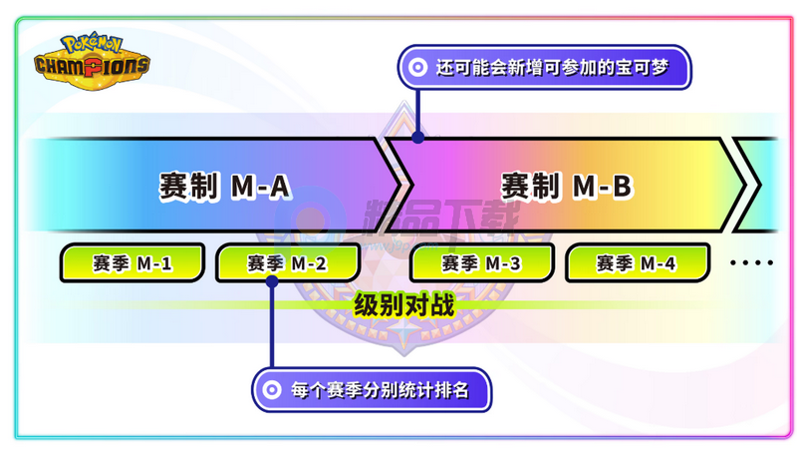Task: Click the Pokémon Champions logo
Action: point(92,62)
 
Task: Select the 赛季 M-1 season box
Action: point(133,262)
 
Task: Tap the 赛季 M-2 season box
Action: point(288,262)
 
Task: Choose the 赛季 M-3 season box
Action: point(481,262)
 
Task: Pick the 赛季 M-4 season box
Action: point(637,262)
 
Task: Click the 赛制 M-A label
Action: point(225,187)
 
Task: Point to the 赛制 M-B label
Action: point(567,187)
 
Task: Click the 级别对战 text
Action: point(404,305)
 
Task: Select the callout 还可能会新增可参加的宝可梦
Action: point(544,67)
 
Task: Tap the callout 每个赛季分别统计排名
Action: point(372,390)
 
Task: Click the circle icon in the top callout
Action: point(417,67)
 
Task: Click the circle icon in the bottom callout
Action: point(272,390)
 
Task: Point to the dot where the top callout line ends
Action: point(417,137)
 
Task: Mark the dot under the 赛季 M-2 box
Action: point(272,281)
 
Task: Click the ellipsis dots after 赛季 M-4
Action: point(752,262)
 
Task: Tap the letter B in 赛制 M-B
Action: point(622,187)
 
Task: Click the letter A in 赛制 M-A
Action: point(280,187)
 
